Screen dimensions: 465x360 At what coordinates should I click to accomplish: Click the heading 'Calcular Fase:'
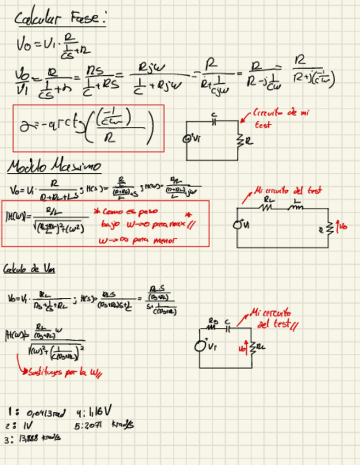[x=59, y=19]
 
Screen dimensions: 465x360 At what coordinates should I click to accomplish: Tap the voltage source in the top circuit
[x=188, y=140]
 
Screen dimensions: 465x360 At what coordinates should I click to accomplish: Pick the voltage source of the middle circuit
[x=238, y=224]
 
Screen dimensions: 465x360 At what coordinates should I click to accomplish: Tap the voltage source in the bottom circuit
[x=203, y=347]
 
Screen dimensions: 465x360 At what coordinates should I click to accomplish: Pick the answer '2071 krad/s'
[x=104, y=426]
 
